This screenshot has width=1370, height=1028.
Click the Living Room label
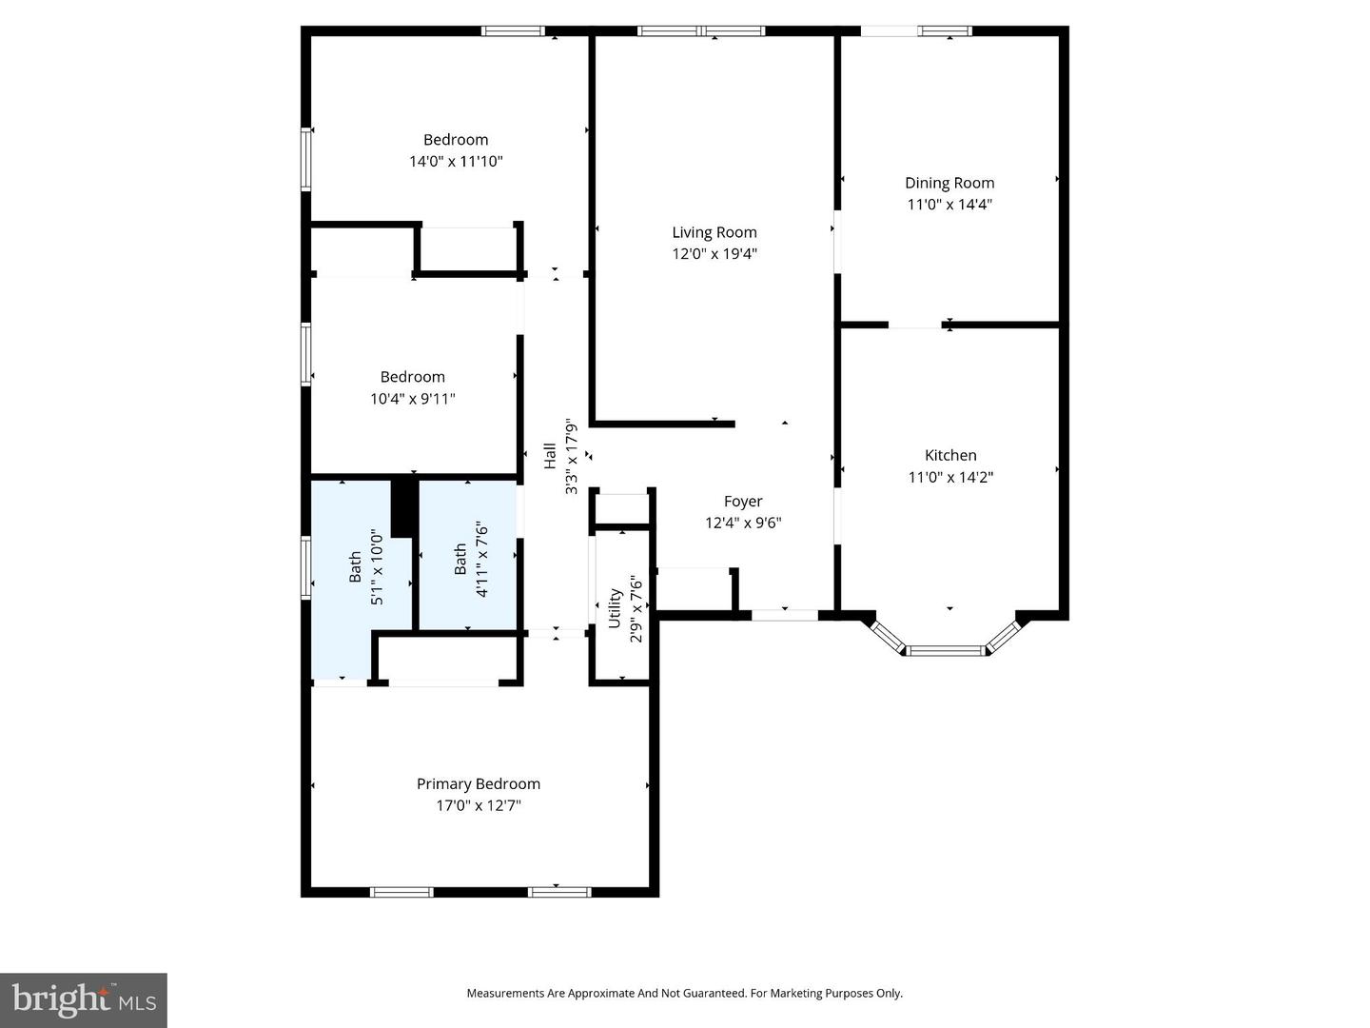pos(714,232)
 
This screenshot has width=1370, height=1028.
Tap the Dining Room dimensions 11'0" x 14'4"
pos(949,204)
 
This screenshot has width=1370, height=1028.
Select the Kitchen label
pos(949,455)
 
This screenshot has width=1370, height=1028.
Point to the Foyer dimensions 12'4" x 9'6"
pos(743,523)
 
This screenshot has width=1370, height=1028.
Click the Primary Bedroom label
pos(479,784)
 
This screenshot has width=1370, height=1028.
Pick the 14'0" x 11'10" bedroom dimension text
pos(456,161)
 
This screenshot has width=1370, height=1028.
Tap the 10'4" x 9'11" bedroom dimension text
pos(413,398)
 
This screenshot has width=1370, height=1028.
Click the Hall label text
pos(550,456)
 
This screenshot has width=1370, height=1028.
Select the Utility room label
pos(615,607)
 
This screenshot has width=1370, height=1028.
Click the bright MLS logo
pos(84,999)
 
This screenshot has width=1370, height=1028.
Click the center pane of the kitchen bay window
pos(946,651)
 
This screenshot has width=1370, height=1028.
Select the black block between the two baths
pos(404,506)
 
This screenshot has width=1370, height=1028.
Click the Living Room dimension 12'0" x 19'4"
pos(714,253)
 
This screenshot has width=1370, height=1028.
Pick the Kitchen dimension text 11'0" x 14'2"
pos(949,477)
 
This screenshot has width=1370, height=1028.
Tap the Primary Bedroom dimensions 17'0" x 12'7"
pos(479,805)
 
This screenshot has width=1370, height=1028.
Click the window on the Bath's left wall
pos(305,567)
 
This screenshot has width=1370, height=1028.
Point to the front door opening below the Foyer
pos(785,615)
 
